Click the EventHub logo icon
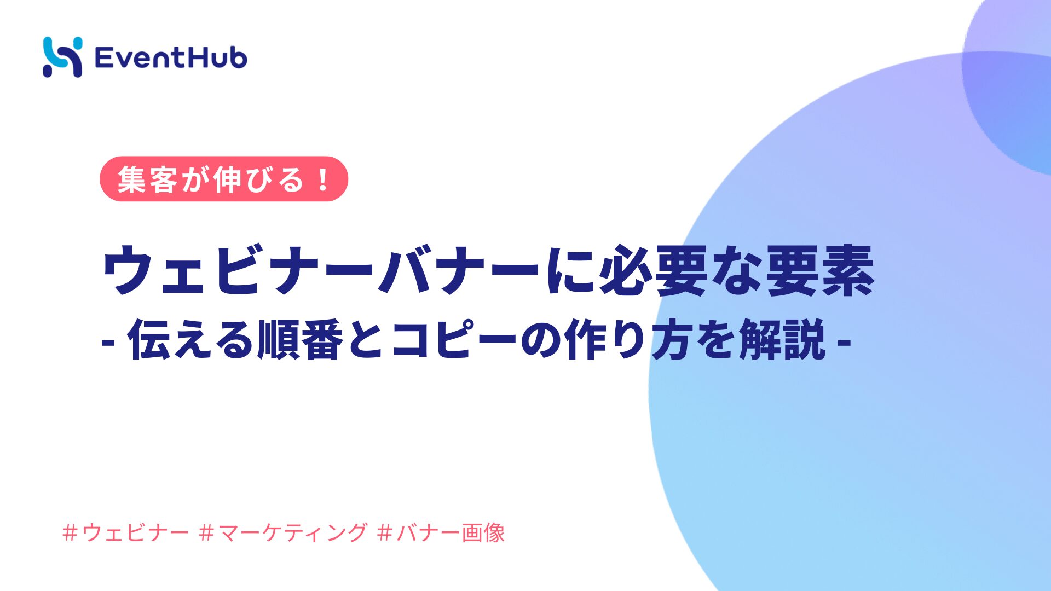(62, 57)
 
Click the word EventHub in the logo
(171, 57)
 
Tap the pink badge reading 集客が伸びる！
(224, 179)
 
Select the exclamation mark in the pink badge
(323, 179)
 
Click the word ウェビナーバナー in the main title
(321, 271)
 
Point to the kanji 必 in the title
(625, 270)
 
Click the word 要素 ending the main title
(819, 270)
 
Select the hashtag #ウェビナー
(126, 532)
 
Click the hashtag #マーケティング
(284, 532)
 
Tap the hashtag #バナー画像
(441, 532)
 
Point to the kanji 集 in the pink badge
(132, 179)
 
